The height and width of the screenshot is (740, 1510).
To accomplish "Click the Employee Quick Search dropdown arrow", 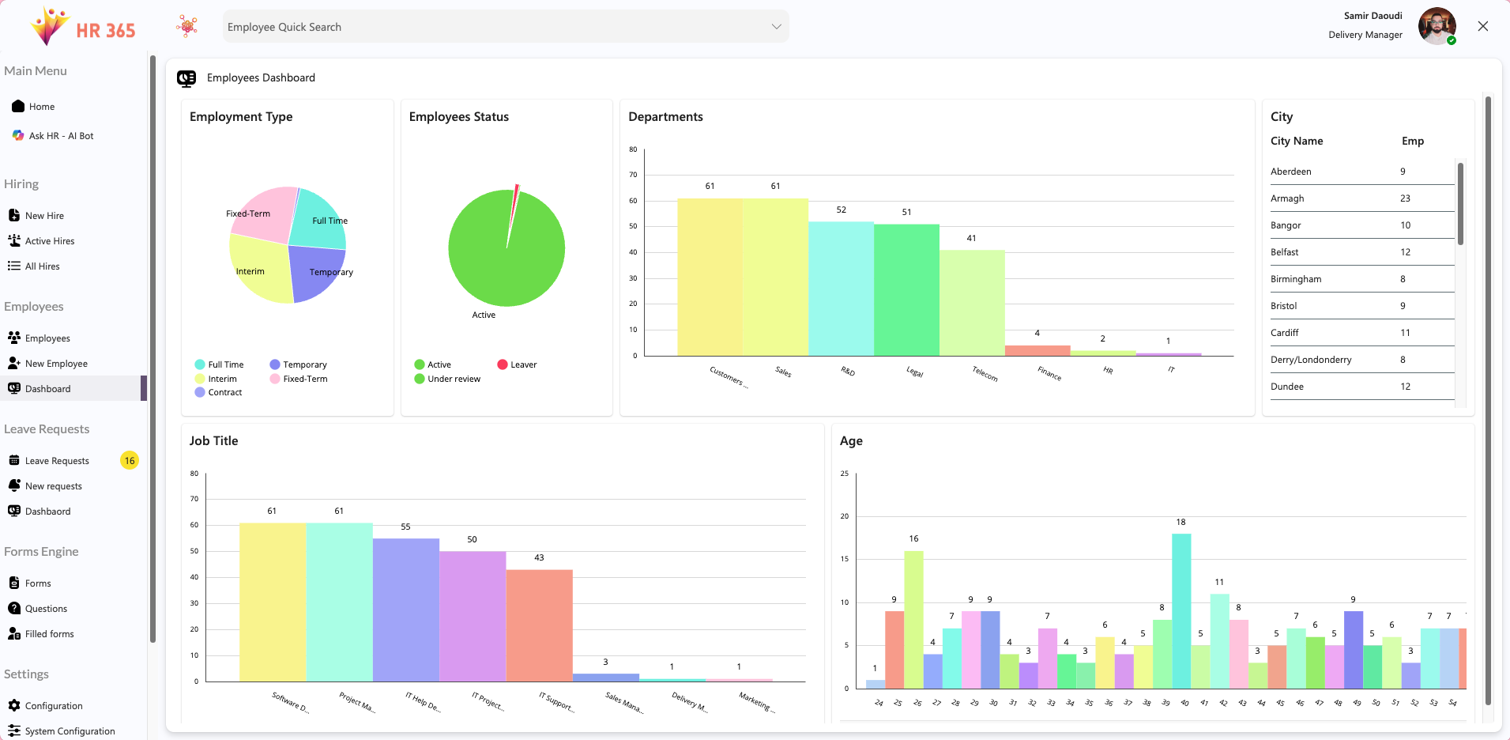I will coord(776,27).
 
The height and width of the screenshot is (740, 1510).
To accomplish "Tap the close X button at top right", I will coord(1482,26).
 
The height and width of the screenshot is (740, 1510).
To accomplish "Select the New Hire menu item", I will coord(44,216).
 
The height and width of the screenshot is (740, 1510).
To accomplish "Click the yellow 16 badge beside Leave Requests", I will coord(130,461).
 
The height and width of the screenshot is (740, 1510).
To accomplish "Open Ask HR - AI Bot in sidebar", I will coord(61,136).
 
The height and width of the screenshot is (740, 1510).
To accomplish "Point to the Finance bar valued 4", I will coord(1037,350).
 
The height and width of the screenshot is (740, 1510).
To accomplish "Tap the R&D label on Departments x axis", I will coord(848,372).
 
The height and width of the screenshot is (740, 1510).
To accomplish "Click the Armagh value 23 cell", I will coord(1405,198).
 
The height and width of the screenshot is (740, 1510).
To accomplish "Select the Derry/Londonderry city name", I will coord(1311,360).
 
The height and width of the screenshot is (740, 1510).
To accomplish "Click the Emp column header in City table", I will coord(1412,141).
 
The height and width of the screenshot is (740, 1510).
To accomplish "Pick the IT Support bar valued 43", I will coord(539,625).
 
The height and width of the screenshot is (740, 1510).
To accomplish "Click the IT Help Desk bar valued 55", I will coord(405,610).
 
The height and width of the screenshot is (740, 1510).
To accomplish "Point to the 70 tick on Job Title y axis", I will coord(194,499).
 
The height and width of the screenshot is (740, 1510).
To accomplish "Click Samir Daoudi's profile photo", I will coord(1436,26).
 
